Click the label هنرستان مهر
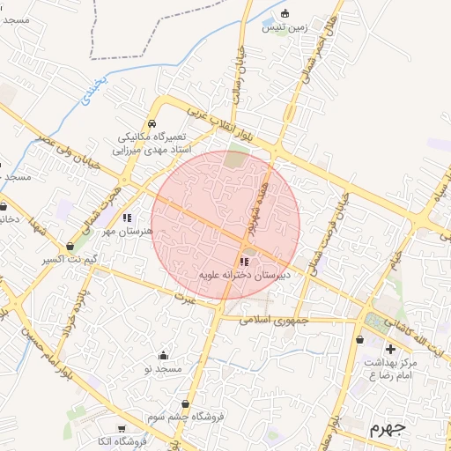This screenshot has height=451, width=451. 128,231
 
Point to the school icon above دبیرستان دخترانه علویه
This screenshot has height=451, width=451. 244,262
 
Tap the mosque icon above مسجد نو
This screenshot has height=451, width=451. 163,356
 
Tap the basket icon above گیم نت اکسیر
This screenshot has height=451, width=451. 70,246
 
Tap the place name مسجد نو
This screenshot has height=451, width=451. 163,369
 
